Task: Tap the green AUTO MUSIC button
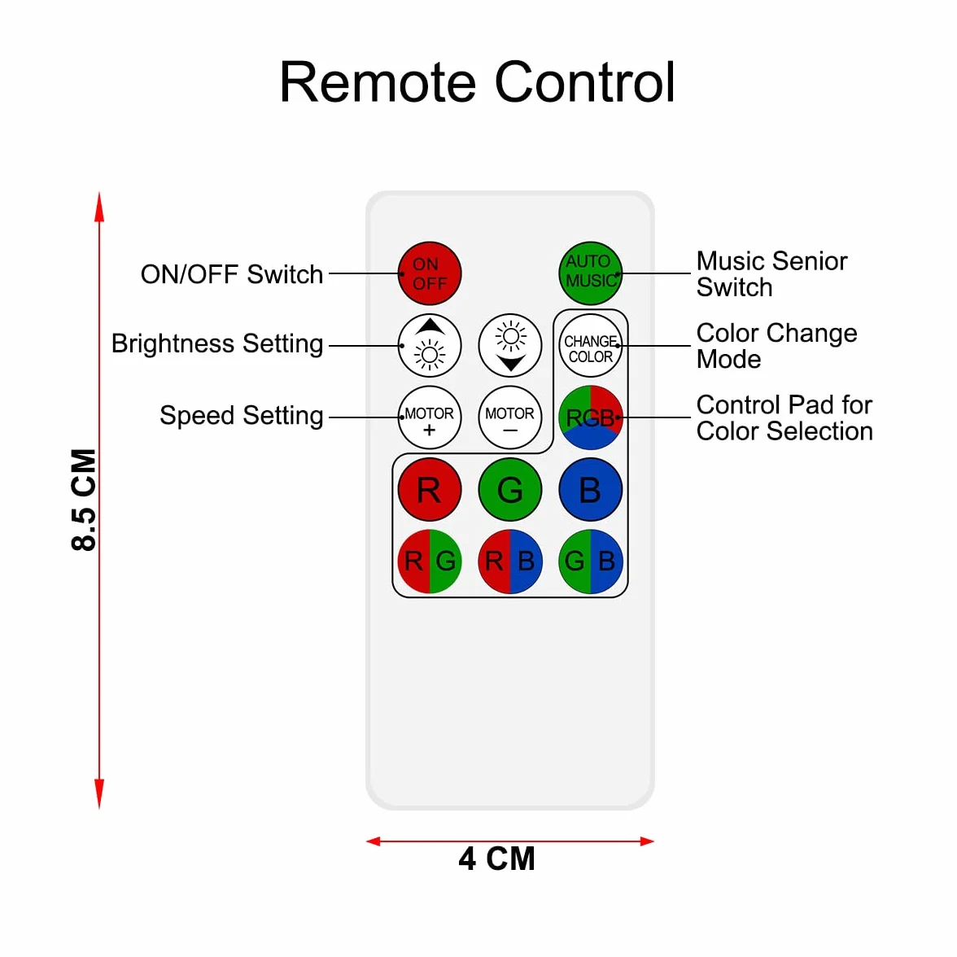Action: click(590, 273)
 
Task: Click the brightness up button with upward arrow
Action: click(430, 345)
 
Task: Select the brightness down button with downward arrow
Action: click(510, 345)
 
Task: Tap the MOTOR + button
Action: click(430, 417)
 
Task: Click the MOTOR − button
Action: click(510, 417)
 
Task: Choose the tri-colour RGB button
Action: click(590, 417)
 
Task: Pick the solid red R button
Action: click(430, 490)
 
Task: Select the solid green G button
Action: click(510, 490)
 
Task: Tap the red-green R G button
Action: click(430, 562)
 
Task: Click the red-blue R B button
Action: click(510, 562)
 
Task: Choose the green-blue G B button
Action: click(590, 562)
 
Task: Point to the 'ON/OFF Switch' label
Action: click(232, 275)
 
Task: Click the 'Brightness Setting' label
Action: click(217, 344)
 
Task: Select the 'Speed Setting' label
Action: click(242, 417)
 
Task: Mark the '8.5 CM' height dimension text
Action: click(84, 500)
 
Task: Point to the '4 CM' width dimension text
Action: click(496, 859)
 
